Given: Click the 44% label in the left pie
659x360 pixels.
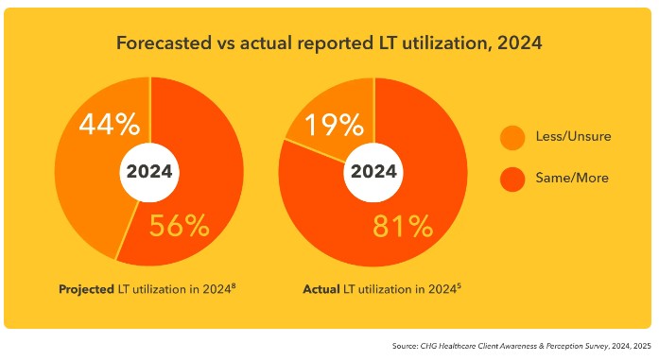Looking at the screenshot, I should pyautogui.click(x=108, y=124).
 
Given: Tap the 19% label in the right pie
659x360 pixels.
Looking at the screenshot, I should pyautogui.click(x=332, y=124).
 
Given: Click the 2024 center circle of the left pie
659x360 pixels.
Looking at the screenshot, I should pyautogui.click(x=149, y=172).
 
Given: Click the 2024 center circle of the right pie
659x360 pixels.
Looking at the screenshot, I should pyautogui.click(x=374, y=172).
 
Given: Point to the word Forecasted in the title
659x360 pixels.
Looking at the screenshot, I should pyautogui.click(x=160, y=44).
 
